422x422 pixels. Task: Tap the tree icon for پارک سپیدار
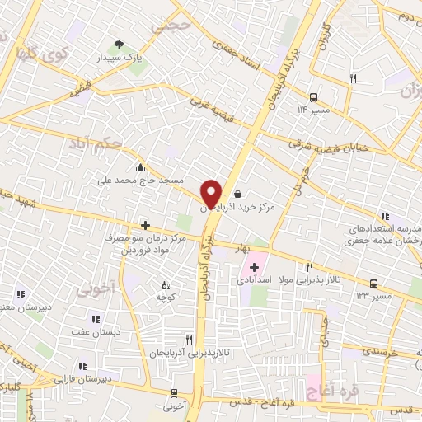tap(120, 45)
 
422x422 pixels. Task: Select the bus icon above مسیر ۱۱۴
tap(313, 96)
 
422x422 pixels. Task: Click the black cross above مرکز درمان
tap(145, 224)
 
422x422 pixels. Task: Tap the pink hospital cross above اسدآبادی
tap(254, 267)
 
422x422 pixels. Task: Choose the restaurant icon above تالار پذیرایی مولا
tap(309, 267)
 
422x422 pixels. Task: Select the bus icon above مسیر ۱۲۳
tap(373, 282)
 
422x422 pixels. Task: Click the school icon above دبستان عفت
tap(96, 319)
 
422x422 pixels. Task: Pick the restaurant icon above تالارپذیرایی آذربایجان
tap(189, 339)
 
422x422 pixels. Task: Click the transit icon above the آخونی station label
tap(174, 393)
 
